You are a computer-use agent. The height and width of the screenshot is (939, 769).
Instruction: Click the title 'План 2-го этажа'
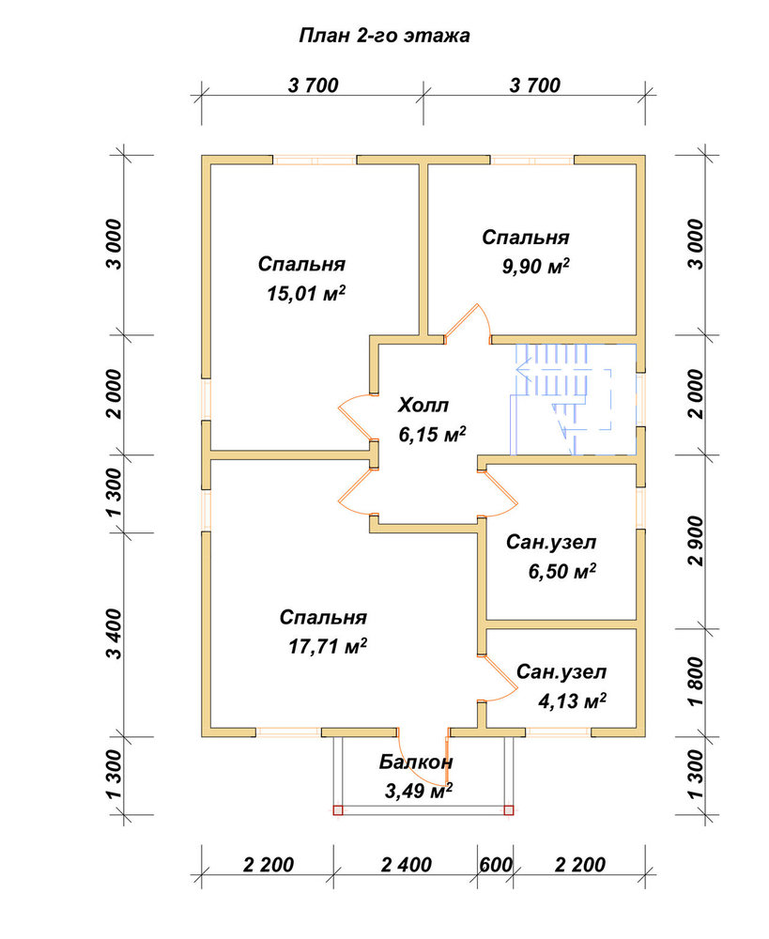[x=384, y=36]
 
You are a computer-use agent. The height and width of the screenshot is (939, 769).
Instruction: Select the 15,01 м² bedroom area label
[x=306, y=293]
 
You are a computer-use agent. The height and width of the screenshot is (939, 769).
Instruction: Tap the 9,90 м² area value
[x=535, y=267]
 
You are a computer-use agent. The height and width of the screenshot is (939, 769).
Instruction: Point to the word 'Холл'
[x=423, y=406]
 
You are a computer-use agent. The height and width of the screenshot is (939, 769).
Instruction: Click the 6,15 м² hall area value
[x=432, y=434]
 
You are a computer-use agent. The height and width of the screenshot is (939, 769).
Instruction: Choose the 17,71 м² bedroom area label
[x=328, y=646]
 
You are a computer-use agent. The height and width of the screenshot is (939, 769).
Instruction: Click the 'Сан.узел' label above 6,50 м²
[x=551, y=542]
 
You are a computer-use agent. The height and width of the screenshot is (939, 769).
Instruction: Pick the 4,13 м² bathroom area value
[x=572, y=700]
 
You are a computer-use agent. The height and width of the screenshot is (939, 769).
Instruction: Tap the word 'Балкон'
[x=416, y=762]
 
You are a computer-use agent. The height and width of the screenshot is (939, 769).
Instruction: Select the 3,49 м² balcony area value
[x=418, y=791]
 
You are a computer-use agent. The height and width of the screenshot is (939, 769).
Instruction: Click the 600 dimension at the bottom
[x=496, y=865]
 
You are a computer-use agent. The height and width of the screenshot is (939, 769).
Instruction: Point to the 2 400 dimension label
[x=406, y=865]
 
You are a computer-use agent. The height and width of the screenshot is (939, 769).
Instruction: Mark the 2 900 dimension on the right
[x=696, y=541]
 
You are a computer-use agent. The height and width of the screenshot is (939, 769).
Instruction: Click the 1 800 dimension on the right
[x=696, y=682]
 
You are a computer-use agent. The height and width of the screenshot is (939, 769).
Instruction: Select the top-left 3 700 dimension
[x=314, y=85]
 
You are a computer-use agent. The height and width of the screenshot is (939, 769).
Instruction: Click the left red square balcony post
[x=338, y=810]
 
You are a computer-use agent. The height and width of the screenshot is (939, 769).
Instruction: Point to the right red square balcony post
[x=509, y=810]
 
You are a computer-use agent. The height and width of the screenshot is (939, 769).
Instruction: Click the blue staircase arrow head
[x=521, y=369]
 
